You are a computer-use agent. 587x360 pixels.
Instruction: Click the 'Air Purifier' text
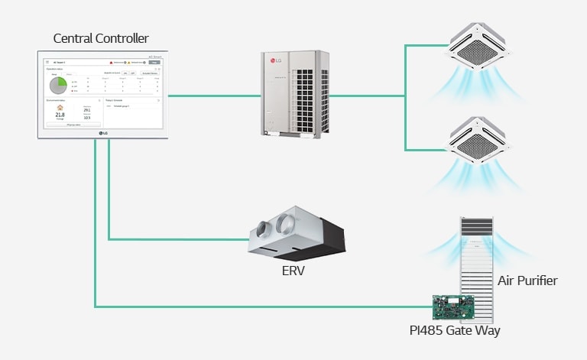tap(527, 281)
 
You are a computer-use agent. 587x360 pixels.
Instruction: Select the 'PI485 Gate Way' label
tap(455, 330)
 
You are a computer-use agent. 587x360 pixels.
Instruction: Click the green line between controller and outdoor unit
tap(210, 96)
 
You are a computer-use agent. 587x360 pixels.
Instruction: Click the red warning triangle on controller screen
tap(111, 61)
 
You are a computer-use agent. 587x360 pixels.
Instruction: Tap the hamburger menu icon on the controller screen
tap(47, 61)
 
